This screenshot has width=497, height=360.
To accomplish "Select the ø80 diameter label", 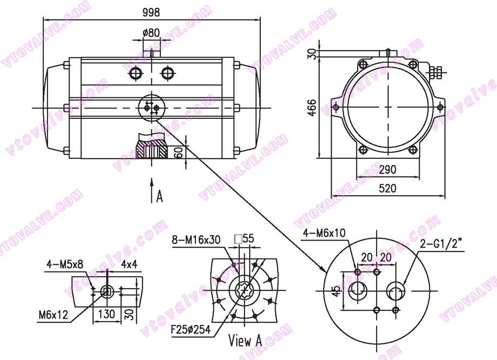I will pos(151,32).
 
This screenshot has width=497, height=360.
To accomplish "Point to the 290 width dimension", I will pos(387,169).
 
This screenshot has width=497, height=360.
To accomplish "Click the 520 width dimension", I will pos(387,188).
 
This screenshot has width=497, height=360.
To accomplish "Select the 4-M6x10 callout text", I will pos(324,233).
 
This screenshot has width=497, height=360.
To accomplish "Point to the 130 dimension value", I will pos(106,314).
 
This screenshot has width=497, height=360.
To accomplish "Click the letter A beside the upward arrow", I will pos(159,196).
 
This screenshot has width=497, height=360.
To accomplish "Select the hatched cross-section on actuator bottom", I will pos(151,148).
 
